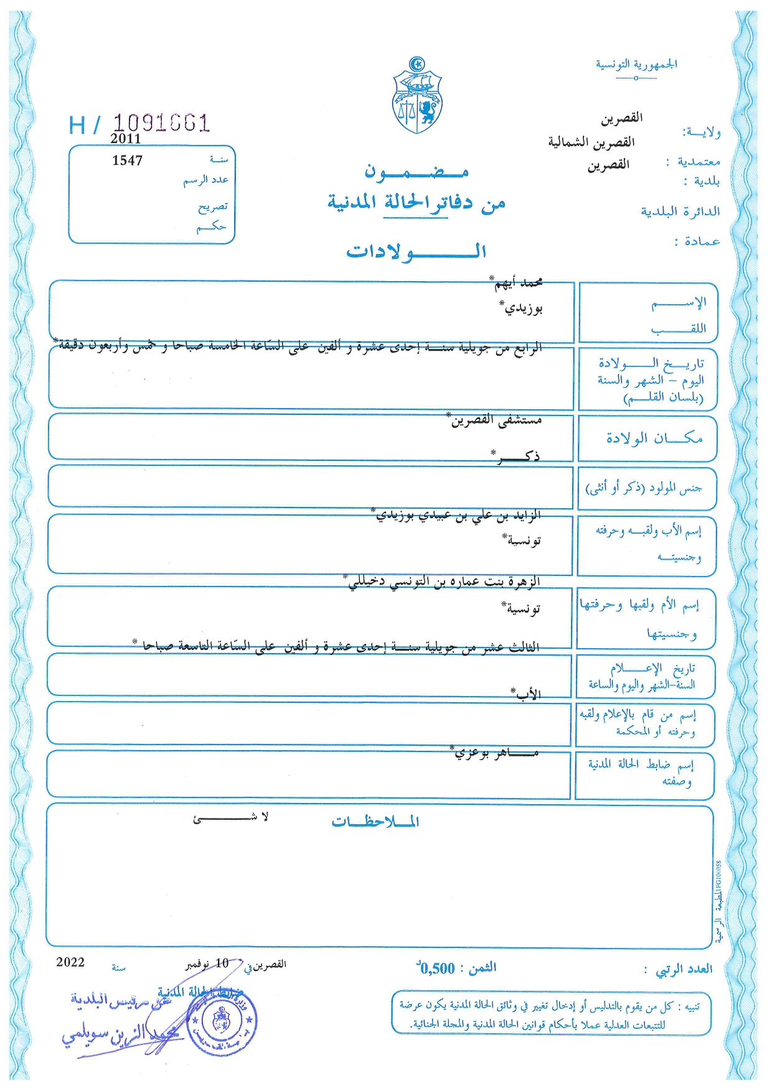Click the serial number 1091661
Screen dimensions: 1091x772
coord(161,123)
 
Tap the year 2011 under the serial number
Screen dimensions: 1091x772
coord(126,139)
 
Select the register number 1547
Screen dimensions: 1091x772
coord(127,160)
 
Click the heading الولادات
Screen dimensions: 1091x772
coord(416,251)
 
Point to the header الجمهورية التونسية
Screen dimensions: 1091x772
coord(636,64)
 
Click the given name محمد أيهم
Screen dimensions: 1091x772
coord(518,283)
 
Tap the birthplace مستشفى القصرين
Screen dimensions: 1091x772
coord(496,420)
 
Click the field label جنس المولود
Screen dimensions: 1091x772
coord(644,488)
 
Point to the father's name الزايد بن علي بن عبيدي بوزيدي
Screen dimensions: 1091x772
coord(458,515)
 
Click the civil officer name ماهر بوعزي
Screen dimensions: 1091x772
coord(496,753)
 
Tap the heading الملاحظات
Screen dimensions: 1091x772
coord(375,822)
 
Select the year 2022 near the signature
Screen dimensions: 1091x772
coord(70,962)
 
